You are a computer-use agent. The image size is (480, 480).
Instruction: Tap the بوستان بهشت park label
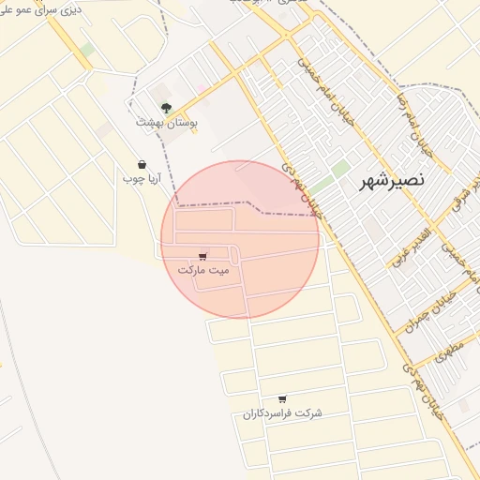click(x=162, y=122)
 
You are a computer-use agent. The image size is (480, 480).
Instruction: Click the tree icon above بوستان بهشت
click(x=166, y=108)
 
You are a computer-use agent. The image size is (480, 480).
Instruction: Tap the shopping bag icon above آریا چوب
click(x=142, y=164)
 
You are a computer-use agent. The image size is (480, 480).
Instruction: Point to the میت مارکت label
click(x=203, y=269)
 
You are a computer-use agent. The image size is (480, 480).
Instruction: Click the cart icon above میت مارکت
click(x=203, y=255)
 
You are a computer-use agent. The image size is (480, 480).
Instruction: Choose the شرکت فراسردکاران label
click(x=282, y=413)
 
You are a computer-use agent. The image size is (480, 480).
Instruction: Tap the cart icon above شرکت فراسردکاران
click(x=282, y=399)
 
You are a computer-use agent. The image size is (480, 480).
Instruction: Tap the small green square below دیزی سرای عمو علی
click(x=86, y=49)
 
